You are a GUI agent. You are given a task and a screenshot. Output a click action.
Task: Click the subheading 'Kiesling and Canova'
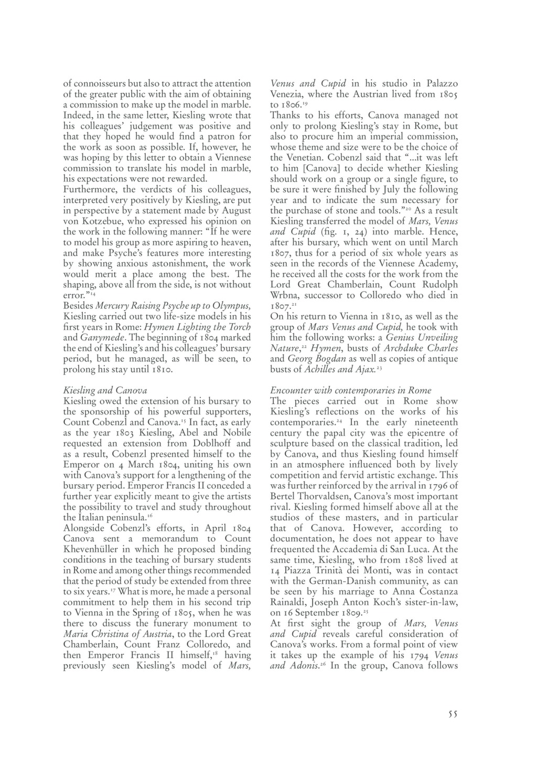pyautogui.click(x=105, y=390)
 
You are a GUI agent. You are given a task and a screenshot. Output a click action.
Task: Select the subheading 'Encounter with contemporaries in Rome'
pyautogui.click(x=350, y=390)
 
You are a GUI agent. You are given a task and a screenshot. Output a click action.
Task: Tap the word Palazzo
pyautogui.click(x=442, y=84)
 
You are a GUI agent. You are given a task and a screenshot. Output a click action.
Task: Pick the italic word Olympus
pyautogui.click(x=230, y=306)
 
